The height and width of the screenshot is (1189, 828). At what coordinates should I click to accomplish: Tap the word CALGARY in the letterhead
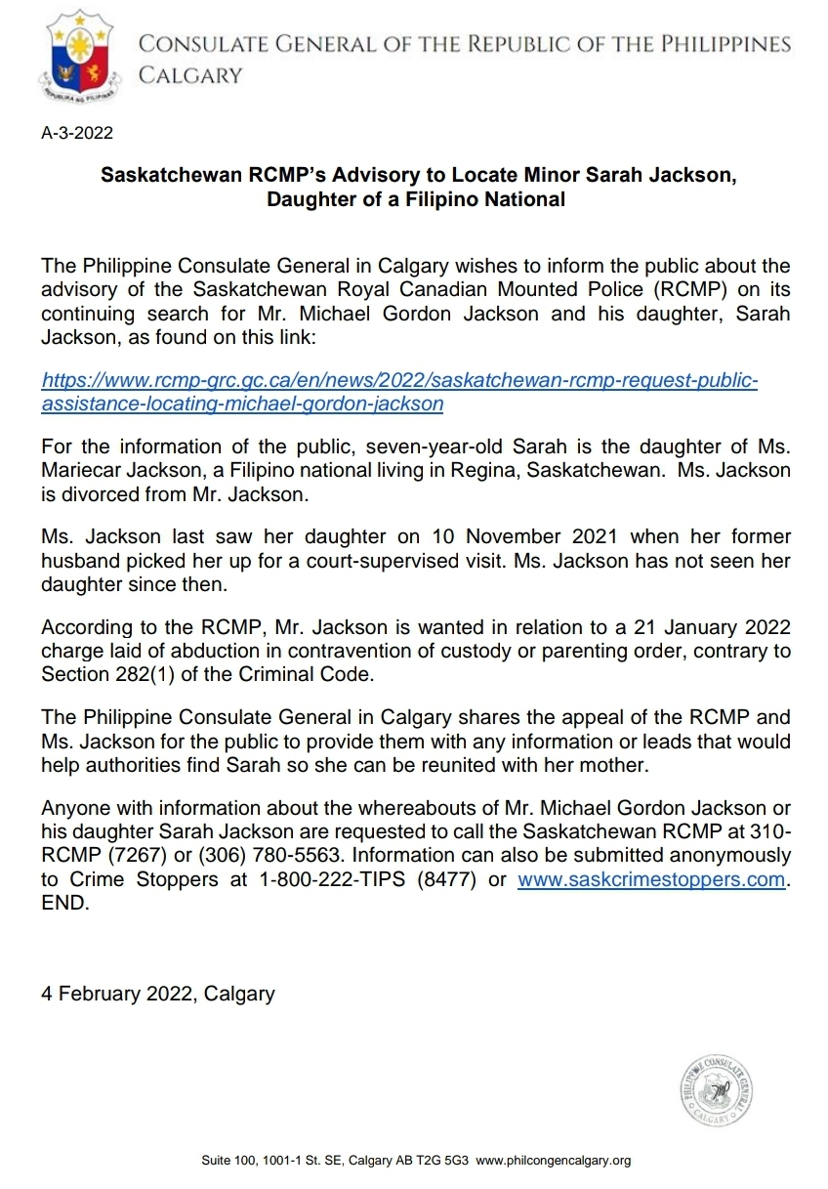[x=191, y=75]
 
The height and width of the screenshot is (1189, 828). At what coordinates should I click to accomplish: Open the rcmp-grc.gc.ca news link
[x=400, y=391]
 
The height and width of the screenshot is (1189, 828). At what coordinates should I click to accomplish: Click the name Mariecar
[x=85, y=471]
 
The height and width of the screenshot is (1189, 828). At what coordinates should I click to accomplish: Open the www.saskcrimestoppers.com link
[x=651, y=879]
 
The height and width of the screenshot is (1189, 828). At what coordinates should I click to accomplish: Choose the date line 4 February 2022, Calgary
[x=158, y=994]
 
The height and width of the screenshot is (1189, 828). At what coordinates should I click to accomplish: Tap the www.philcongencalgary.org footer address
[x=554, y=1161]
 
